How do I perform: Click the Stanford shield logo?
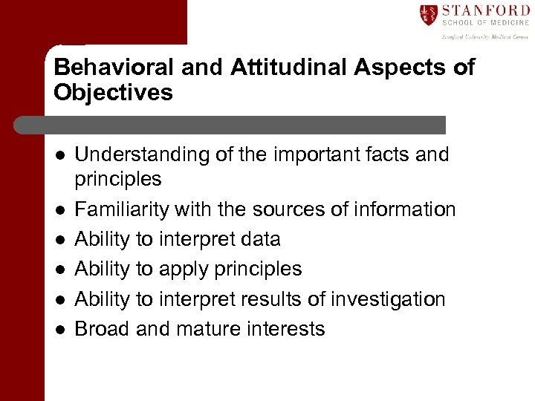429,15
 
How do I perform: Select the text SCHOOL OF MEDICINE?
484,24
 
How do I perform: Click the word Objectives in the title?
113,93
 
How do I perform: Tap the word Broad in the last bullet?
103,328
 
